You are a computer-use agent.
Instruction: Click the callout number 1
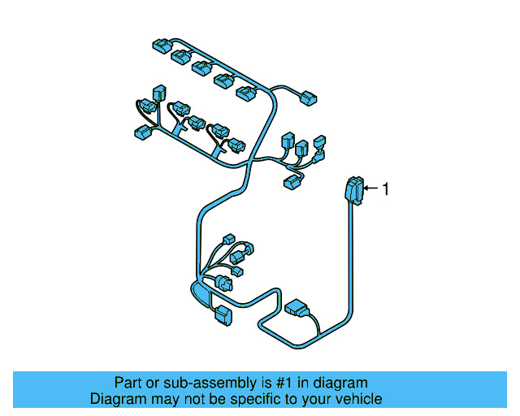386,189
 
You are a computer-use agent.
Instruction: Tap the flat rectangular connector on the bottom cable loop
296,309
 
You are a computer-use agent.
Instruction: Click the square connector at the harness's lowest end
222,315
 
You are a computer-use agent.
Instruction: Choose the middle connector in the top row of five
201,68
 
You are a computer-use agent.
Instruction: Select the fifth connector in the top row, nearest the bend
245,93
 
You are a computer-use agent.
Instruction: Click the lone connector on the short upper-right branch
308,99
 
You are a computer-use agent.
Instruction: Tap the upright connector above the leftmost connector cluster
159,93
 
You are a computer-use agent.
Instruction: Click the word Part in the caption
128,383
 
